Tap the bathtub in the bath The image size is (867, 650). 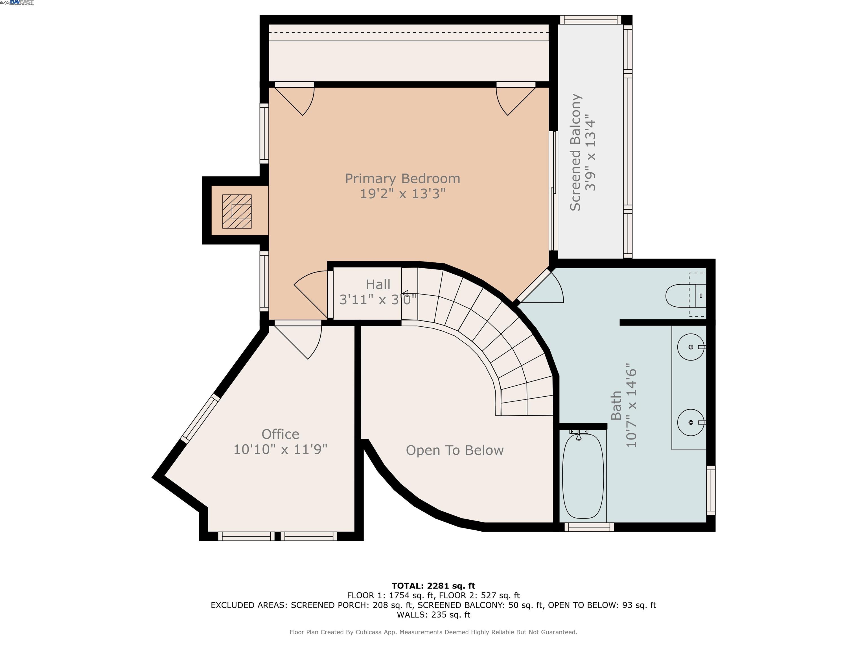[x=583, y=476]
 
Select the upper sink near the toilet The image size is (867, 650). [x=691, y=347]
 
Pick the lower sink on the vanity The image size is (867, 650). [x=691, y=422]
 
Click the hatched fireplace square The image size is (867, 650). [x=237, y=212]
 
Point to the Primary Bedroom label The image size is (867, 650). [x=402, y=179]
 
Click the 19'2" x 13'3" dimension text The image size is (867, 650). [x=402, y=194]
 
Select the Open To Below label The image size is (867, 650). [x=455, y=450]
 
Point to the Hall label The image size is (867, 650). [x=378, y=284]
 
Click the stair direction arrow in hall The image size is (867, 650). [x=405, y=293]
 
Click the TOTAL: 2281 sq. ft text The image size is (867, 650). [x=433, y=586]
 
